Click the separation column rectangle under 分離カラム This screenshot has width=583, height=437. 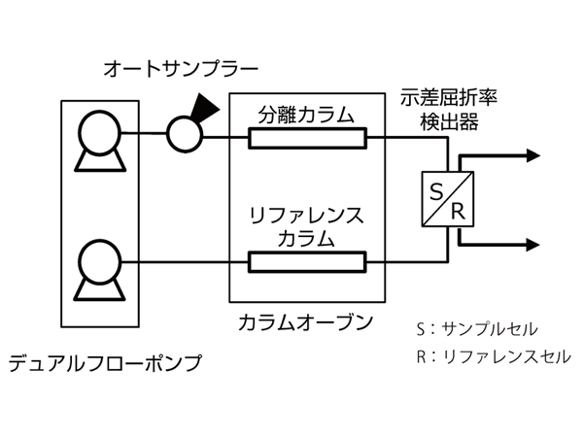pyautogui.click(x=307, y=139)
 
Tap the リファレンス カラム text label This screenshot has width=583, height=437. pyautogui.click(x=306, y=226)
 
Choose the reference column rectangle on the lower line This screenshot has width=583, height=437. pyautogui.click(x=307, y=261)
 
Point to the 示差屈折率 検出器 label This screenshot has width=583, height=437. pyautogui.click(x=449, y=108)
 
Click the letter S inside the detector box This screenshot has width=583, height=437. pyautogui.click(x=436, y=187)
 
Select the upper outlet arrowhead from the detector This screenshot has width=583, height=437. pyautogui.click(x=532, y=154)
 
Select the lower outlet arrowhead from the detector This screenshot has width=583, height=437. pyautogui.click(x=532, y=244)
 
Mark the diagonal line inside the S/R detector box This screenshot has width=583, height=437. pyautogui.click(x=447, y=199)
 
